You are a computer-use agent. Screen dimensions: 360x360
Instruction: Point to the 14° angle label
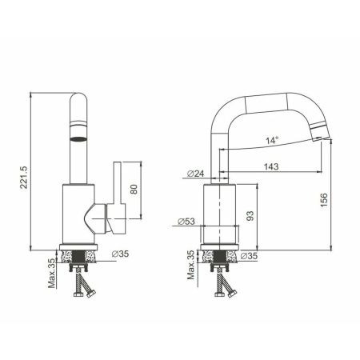[273, 140]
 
